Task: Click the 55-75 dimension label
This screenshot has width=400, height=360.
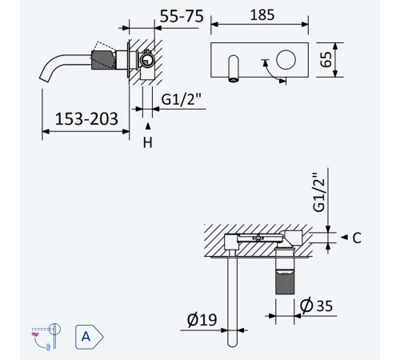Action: coord(182,16)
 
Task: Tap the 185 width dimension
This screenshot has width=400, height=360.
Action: coord(262,15)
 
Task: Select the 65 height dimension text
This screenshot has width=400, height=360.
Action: coord(326,59)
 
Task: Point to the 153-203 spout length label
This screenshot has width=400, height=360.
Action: coord(86,118)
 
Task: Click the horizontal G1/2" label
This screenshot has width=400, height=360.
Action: coord(181,100)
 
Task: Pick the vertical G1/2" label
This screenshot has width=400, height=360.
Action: coord(319,192)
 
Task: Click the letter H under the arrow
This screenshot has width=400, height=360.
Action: coord(147,142)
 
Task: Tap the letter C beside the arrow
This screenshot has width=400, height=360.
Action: coord(357,238)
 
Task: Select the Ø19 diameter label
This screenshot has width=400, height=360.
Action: coord(202,320)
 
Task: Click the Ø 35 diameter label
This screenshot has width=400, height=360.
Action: coord(316,306)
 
